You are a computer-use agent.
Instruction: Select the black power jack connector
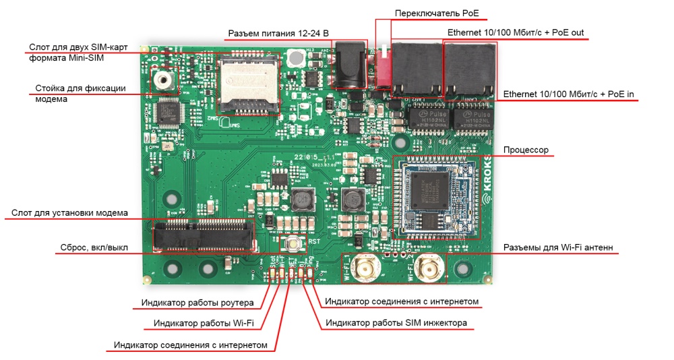pos(350,65)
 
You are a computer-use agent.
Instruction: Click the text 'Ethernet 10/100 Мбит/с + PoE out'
pos(516,32)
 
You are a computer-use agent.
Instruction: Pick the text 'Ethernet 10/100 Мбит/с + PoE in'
pos(569,94)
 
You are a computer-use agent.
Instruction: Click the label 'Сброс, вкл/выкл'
pos(92,247)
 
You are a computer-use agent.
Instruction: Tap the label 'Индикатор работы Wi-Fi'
pos(204,324)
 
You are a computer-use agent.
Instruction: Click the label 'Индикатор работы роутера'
pos(197,303)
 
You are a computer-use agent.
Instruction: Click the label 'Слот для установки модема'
pos(69,213)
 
